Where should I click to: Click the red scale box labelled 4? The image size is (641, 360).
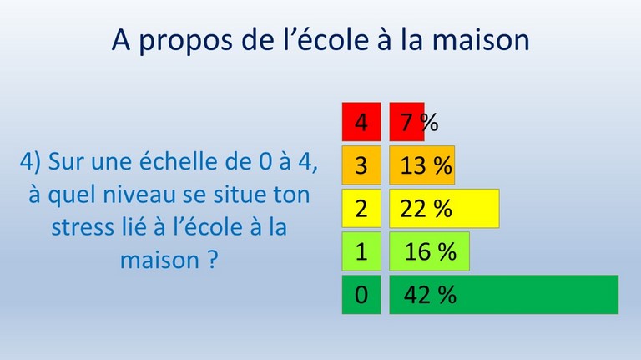coord(361,122)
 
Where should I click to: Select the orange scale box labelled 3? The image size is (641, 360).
coord(361,165)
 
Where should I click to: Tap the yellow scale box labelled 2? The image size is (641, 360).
coord(361,208)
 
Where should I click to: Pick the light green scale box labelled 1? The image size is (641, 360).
coord(361,251)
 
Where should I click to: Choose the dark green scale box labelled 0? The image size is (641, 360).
coord(361,295)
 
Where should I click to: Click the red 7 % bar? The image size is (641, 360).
coord(406,122)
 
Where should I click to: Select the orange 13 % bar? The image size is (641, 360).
coord(421,165)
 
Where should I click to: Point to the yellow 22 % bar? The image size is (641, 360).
coord(444,208)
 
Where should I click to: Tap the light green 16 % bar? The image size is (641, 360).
coord(429,251)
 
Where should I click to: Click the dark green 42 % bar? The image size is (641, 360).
coord(503,295)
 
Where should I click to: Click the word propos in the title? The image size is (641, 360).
coord(186,41)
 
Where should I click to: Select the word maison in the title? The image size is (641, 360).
coord(481,39)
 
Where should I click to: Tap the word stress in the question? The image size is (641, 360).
coord(82,227)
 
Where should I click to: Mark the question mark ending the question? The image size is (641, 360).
coord(213,259)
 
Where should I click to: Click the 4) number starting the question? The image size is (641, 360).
coord(30,161)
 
